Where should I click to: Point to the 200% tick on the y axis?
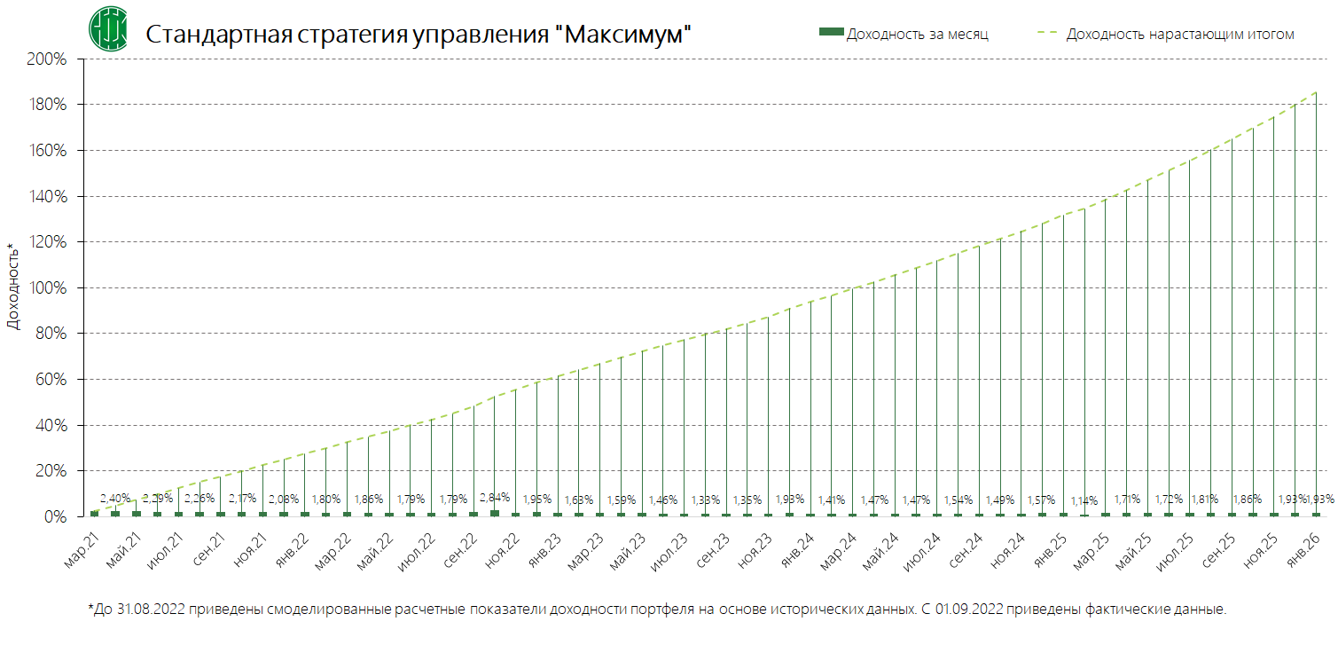point(47,59)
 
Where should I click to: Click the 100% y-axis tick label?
point(47,288)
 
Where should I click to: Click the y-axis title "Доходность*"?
point(12,287)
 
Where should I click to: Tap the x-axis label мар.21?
point(82,550)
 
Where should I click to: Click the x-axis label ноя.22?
point(503,550)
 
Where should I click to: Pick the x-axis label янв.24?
point(796,550)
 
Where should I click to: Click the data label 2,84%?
point(495,498)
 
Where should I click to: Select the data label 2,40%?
point(115,498)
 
